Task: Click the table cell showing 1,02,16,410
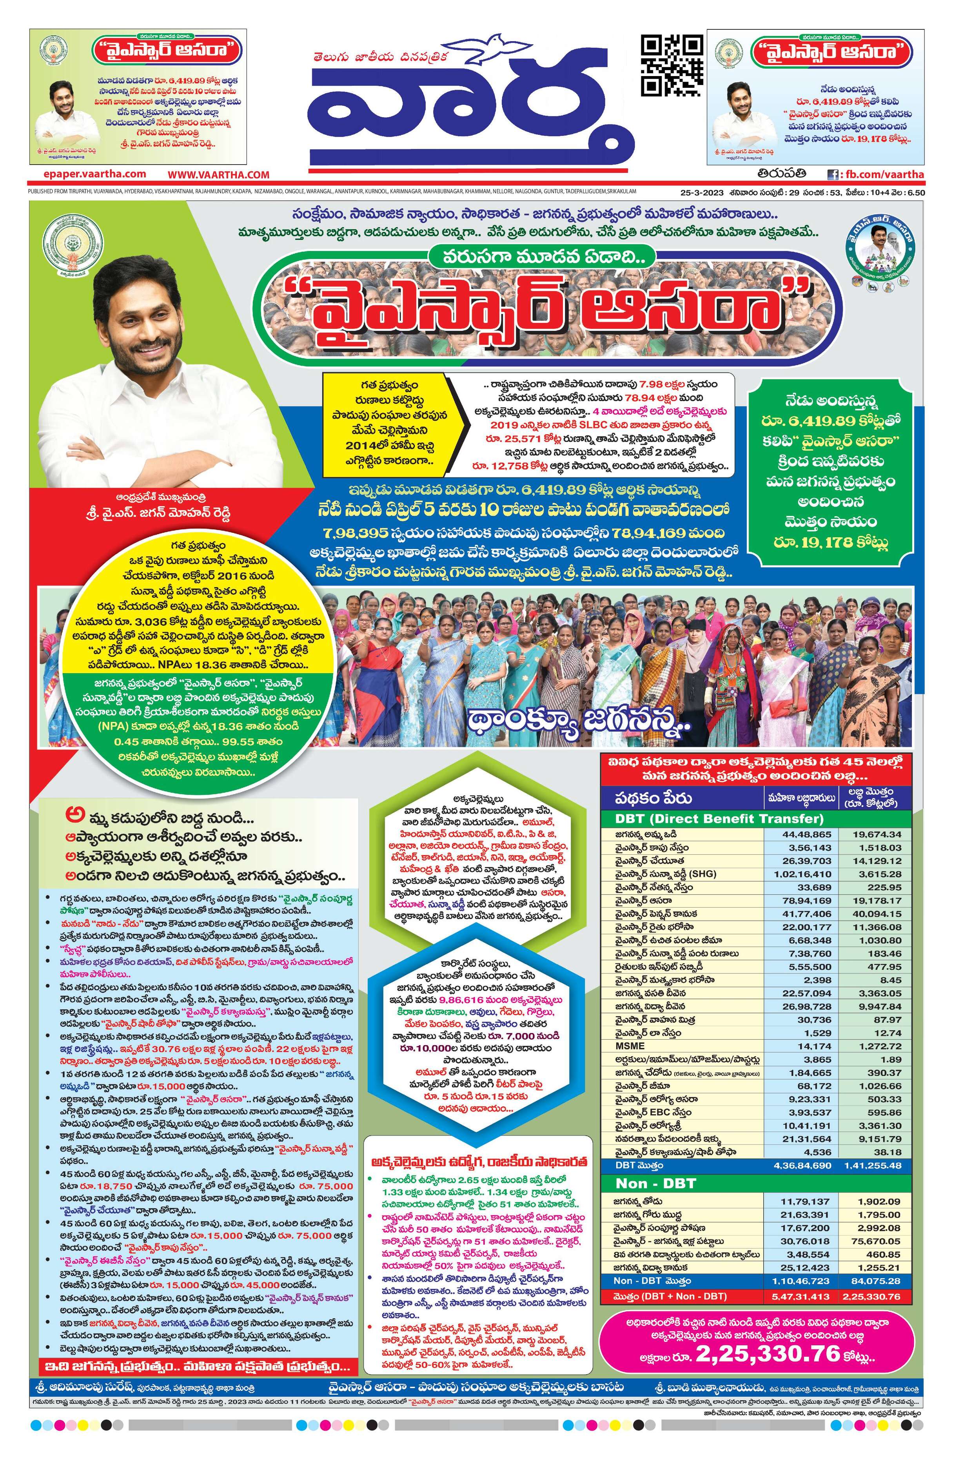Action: [x=802, y=874]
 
